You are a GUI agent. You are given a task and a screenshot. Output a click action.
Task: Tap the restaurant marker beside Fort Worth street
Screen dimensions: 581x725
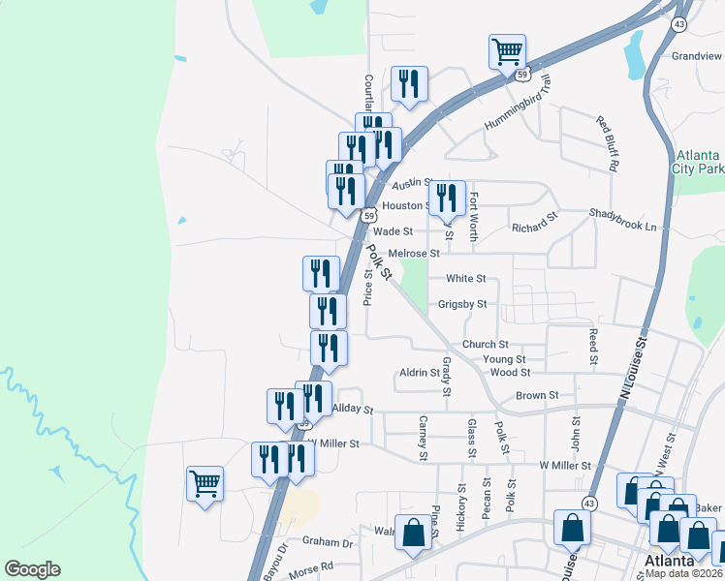446,198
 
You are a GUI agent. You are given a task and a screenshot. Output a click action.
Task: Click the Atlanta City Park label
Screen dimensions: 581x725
699,162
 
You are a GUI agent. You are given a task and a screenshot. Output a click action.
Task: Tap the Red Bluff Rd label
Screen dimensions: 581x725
607,143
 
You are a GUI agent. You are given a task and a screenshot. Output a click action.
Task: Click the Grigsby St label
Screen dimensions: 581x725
461,304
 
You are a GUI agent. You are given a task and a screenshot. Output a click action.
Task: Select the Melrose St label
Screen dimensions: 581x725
414,254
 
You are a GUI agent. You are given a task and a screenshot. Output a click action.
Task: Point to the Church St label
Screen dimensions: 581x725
485,345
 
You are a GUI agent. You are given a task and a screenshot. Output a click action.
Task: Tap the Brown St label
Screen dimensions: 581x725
537,395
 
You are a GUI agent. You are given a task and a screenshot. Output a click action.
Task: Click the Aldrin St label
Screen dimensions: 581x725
420,373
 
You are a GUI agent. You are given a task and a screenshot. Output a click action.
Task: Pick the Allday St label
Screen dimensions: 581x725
352,409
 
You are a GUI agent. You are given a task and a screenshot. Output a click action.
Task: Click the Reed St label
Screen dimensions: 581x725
593,347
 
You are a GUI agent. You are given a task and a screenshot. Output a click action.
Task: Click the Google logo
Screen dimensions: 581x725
32,569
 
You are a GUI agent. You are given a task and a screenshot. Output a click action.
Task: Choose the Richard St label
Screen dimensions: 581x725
535,228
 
